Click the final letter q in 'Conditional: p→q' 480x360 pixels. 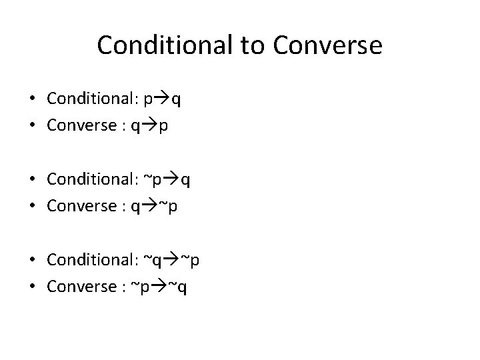177,100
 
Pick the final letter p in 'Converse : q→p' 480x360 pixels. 163,127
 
